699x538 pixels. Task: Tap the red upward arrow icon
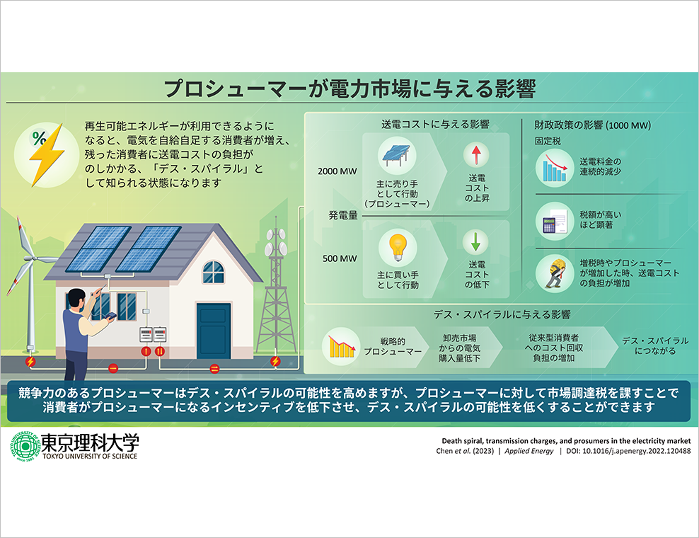pos(476,154)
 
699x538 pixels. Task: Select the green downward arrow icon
pos(475,241)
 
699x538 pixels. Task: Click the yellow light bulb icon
pos(397,247)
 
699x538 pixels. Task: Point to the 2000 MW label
pos(337,171)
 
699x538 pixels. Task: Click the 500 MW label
pos(340,259)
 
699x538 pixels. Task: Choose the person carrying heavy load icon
pos(554,273)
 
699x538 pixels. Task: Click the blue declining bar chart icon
pos(554,168)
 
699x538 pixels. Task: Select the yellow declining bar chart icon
pos(341,346)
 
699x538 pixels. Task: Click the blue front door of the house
pos(214,331)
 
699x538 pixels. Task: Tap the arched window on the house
pos(213,272)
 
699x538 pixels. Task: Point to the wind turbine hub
pos(30,258)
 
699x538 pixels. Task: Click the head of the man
pos(76,299)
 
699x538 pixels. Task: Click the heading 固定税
pos(548,142)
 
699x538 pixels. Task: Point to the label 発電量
pos(343,215)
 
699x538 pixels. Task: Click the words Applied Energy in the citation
pos(528,451)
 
